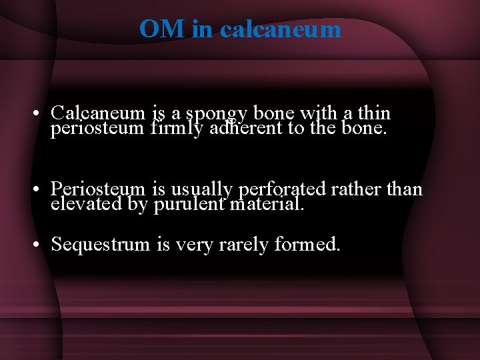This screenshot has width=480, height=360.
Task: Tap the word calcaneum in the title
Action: pyautogui.click(x=280, y=29)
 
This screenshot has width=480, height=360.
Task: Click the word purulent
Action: pyautogui.click(x=189, y=204)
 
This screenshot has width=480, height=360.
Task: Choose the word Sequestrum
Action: pyautogui.click(x=101, y=245)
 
